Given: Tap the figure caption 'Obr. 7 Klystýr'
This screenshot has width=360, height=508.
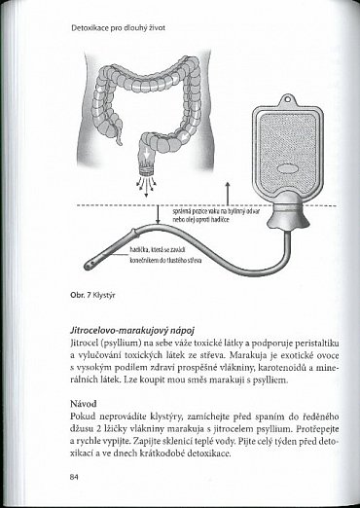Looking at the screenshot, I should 90,289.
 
